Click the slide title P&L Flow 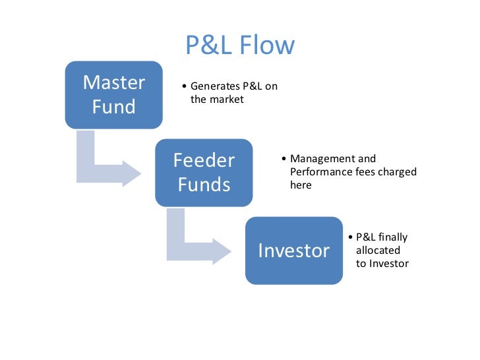[239, 45]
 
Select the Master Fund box [114, 94]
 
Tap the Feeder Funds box [204, 172]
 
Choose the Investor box [294, 251]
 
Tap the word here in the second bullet [301, 185]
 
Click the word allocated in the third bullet [378, 251]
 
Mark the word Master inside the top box [114, 83]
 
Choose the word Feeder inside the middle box [204, 160]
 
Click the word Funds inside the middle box [204, 184]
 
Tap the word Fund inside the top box [114, 106]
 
